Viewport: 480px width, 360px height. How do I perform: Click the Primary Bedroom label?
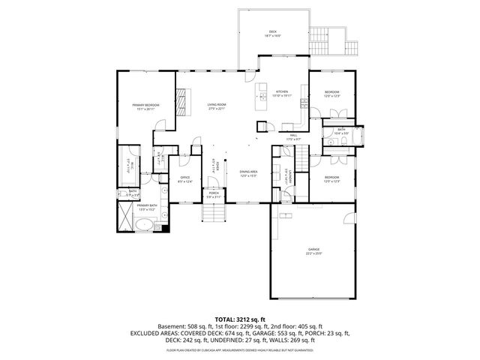click(x=145, y=106)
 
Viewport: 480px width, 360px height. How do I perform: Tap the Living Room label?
click(x=217, y=106)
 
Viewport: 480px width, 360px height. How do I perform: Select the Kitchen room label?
click(x=282, y=93)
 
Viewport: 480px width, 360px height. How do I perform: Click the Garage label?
click(x=313, y=250)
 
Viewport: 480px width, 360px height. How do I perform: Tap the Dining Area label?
click(x=248, y=174)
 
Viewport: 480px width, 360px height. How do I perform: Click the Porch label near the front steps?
click(x=214, y=194)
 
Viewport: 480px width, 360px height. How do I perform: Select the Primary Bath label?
click(x=146, y=207)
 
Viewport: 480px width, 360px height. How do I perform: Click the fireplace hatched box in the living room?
click(x=181, y=99)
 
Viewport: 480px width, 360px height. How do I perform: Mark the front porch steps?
click(x=214, y=214)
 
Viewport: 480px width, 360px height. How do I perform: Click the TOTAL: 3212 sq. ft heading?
click(x=239, y=319)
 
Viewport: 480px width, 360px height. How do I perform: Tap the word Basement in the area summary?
click(x=172, y=327)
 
